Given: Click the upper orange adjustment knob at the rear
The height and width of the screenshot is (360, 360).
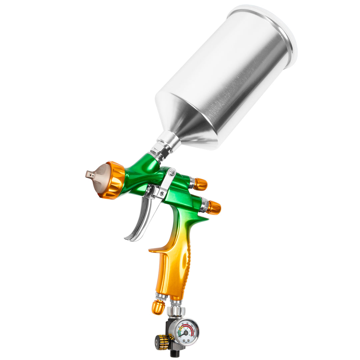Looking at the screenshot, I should [x=200, y=184].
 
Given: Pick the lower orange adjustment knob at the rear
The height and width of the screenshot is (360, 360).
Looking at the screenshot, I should [x=214, y=207].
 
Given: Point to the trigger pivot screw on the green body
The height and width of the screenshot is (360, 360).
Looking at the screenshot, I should [x=172, y=173].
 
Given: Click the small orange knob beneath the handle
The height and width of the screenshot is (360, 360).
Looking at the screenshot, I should [x=158, y=307].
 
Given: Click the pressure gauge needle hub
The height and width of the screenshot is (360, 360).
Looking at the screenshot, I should [x=186, y=333].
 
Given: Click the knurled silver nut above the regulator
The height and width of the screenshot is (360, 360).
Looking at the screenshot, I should [x=176, y=311].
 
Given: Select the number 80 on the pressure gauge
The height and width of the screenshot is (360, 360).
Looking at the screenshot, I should [x=187, y=323].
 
